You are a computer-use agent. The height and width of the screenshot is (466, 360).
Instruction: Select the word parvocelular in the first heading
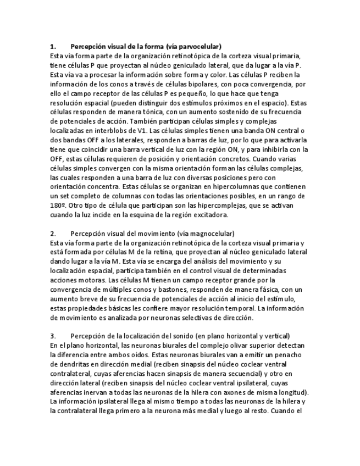click(x=200, y=47)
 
